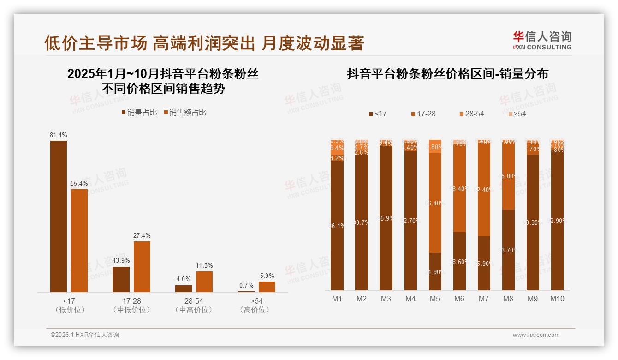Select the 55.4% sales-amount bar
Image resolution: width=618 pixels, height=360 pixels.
(x=79, y=240)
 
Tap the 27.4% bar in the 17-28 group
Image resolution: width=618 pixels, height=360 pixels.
(x=142, y=266)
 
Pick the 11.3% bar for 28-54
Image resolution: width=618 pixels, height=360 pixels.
(x=204, y=282)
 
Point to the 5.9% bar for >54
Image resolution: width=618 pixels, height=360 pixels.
(x=267, y=287)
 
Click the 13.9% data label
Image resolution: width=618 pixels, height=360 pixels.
(x=121, y=261)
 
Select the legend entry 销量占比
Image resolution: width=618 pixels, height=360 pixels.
(x=139, y=113)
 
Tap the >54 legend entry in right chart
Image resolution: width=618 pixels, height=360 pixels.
(x=517, y=114)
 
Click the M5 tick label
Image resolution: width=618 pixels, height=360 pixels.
(x=434, y=299)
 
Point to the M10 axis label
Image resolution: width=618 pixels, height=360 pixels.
(x=557, y=299)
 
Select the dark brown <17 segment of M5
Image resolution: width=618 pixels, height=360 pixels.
(x=434, y=271)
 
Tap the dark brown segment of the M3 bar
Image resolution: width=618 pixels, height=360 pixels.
(x=386, y=218)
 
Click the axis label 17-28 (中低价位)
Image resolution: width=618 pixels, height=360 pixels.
(x=132, y=305)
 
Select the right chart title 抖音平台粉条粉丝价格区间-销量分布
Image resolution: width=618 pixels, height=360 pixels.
(x=447, y=74)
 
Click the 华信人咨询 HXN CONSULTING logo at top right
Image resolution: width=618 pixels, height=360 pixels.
(x=542, y=40)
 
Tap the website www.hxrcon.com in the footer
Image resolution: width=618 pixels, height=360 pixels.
(x=535, y=335)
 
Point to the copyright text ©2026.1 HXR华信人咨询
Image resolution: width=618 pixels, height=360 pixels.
(x=85, y=335)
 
